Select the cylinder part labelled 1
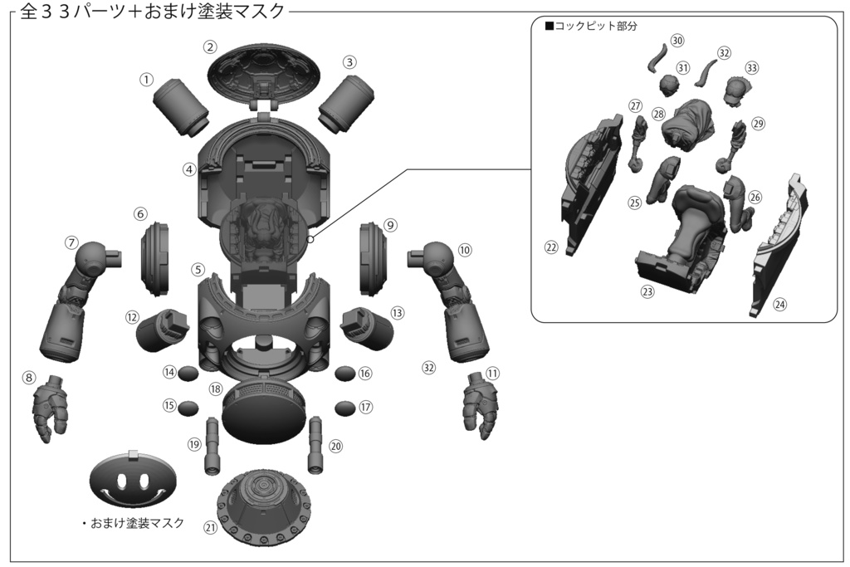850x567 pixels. click(182, 106)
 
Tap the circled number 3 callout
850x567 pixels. click(350, 62)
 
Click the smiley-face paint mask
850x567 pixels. click(133, 481)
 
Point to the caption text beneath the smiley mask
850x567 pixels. click(138, 524)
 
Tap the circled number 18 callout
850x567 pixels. click(216, 389)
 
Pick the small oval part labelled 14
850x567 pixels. click(188, 373)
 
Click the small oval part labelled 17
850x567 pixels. click(345, 408)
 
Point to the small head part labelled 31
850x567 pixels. click(668, 85)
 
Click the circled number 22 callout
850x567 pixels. click(550, 247)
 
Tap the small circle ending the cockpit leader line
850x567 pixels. click(310, 239)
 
